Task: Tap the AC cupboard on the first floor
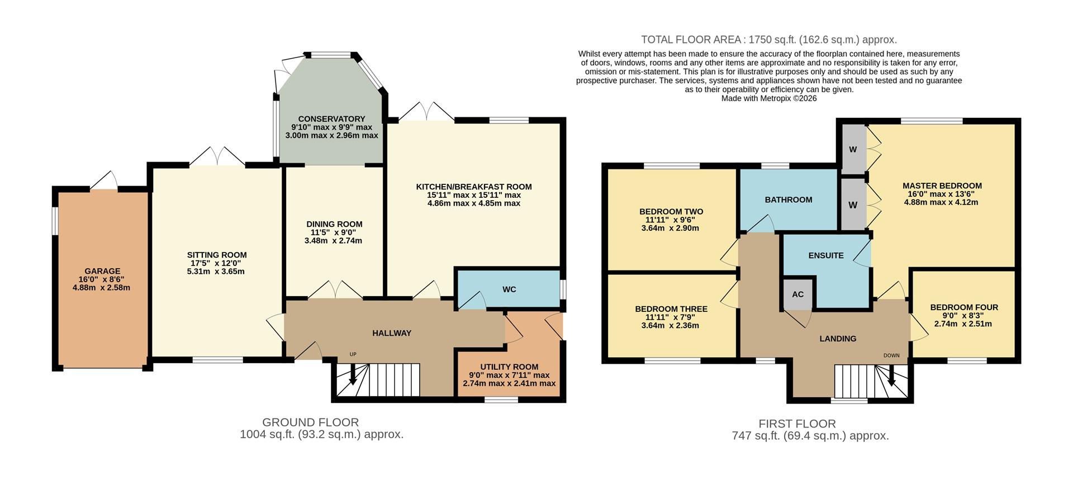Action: [x=797, y=294]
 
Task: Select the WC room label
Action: [x=509, y=289]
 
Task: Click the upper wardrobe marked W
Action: [x=852, y=149]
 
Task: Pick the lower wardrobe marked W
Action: [x=852, y=205]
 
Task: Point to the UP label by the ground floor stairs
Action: [x=353, y=354]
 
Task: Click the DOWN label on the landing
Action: [x=891, y=355]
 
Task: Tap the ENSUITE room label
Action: [x=826, y=255]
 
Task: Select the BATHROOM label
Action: [x=789, y=199]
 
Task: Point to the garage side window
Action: [x=54, y=221]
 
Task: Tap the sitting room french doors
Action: [x=217, y=158]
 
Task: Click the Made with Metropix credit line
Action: [x=768, y=98]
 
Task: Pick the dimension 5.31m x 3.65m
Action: [x=217, y=272]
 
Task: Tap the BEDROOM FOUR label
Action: [x=964, y=307]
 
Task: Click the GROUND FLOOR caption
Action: [x=311, y=422]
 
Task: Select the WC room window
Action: [x=563, y=289]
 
